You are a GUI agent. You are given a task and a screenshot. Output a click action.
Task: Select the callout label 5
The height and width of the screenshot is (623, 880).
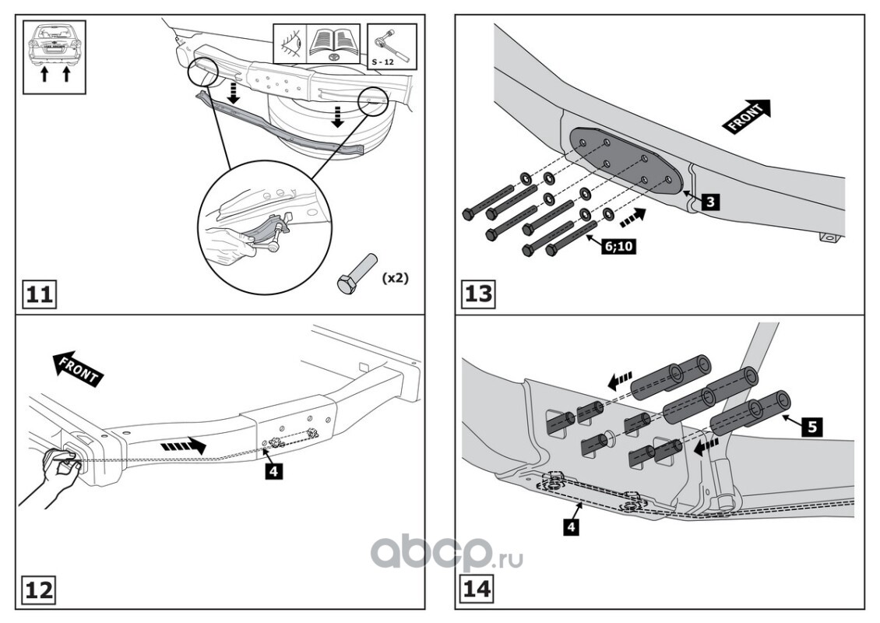(x=811, y=427)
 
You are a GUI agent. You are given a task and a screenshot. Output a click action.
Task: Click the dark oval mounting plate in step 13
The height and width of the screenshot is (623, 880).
(x=627, y=161)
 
